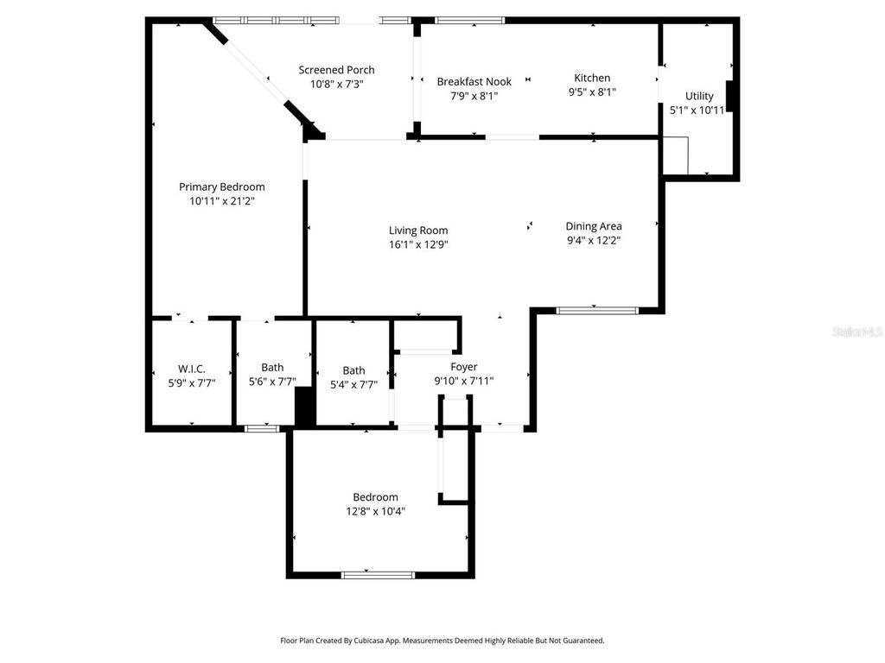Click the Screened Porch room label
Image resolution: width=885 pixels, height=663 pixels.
click(336, 70)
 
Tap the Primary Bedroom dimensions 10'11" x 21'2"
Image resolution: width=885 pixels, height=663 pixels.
click(222, 201)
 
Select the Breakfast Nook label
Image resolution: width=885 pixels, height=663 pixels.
click(474, 82)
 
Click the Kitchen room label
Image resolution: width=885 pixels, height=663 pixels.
click(592, 79)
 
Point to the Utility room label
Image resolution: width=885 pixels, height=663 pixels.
click(699, 96)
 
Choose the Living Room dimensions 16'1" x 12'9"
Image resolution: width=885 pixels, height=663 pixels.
click(418, 244)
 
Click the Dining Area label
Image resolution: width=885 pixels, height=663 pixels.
click(594, 226)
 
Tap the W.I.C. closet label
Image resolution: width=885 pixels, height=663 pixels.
click(191, 369)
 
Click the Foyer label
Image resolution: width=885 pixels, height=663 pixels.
click(463, 367)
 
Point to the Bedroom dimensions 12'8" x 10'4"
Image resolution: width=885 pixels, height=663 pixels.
click(375, 511)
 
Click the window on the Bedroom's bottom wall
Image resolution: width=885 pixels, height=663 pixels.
click(366, 574)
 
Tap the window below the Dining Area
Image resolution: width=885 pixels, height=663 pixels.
click(596, 310)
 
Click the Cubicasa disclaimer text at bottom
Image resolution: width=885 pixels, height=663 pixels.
click(442, 641)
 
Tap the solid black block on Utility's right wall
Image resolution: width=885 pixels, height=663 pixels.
click(730, 96)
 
